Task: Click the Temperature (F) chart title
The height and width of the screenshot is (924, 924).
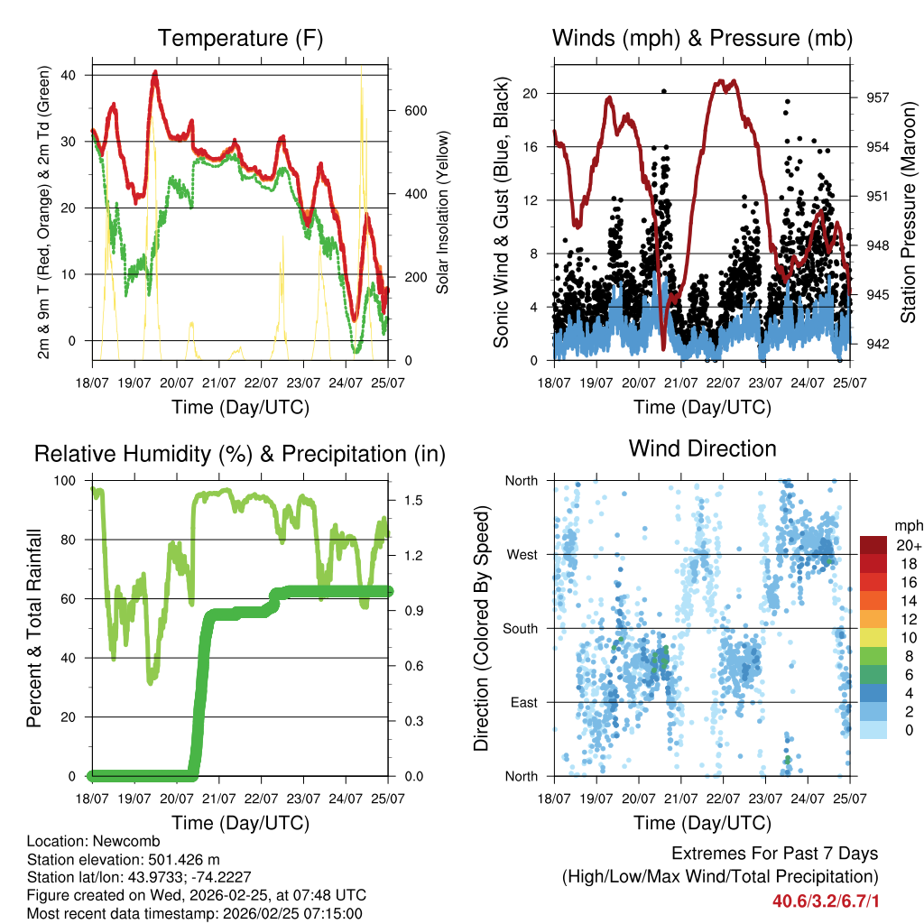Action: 240,38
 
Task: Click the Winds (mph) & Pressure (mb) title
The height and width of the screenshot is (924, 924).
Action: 702,38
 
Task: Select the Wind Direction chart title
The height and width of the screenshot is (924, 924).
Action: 702,448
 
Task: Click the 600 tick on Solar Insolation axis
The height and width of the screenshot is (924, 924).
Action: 414,111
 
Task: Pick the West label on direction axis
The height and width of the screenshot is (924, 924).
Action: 522,554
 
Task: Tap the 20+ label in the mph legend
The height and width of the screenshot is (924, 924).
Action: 909,545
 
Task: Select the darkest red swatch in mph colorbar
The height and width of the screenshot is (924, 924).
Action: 873,545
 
